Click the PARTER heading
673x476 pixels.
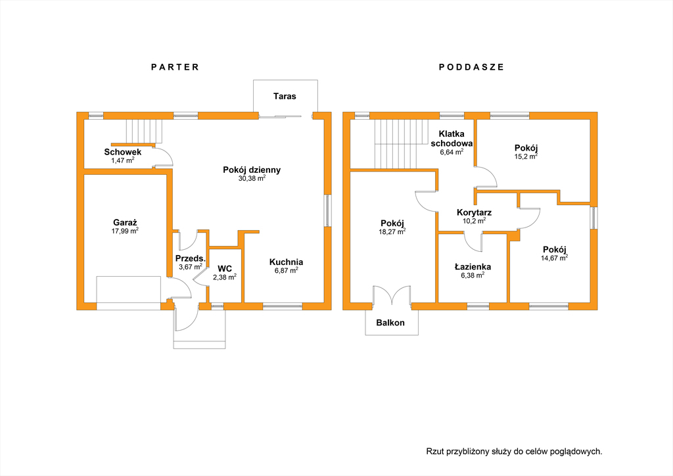point(175,67)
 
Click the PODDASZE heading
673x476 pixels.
point(471,67)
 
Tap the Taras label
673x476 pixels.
point(285,96)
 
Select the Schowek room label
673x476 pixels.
point(123,152)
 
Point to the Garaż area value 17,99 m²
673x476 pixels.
point(125,231)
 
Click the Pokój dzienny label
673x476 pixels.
point(252,170)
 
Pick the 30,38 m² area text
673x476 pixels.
point(252,178)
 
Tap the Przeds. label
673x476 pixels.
point(190,258)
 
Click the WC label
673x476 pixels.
point(225,269)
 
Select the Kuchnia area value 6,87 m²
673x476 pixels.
point(287,270)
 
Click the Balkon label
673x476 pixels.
point(390,323)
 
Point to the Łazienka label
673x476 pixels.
point(473,267)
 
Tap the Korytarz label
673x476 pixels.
point(474,212)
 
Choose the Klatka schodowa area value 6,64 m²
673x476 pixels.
point(452,152)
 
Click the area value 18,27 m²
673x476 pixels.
point(392,232)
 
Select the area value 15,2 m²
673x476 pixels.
point(526,156)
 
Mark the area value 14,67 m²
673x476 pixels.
point(555,258)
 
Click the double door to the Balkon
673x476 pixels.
point(392,295)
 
